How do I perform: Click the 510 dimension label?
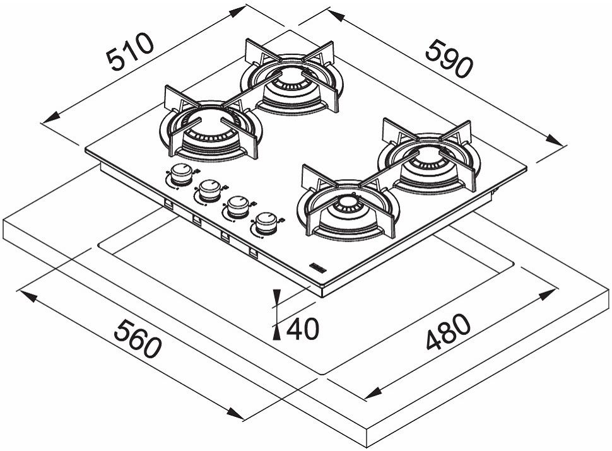130,52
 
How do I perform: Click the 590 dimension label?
449,58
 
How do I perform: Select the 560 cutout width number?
138,338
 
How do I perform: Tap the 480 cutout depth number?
449,332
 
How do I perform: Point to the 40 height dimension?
303,329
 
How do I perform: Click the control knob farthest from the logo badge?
182,174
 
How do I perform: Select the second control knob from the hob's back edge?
210,190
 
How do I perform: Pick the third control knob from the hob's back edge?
238,207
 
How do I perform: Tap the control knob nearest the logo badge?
267,223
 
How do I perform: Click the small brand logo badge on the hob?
318,267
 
